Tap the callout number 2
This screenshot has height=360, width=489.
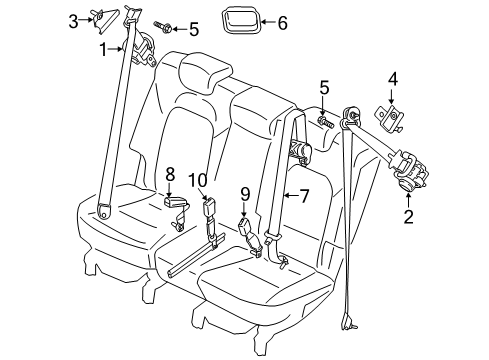click(x=409, y=215)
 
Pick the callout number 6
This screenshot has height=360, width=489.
click(x=281, y=21)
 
